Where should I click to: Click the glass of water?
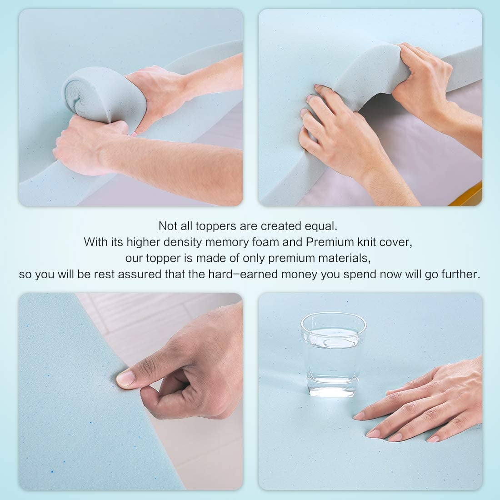click(x=333, y=354)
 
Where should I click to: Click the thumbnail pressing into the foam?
click(x=126, y=378)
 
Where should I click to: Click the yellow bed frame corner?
click(x=467, y=195)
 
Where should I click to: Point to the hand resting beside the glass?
click(x=421, y=402)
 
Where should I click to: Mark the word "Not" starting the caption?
click(x=168, y=226)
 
